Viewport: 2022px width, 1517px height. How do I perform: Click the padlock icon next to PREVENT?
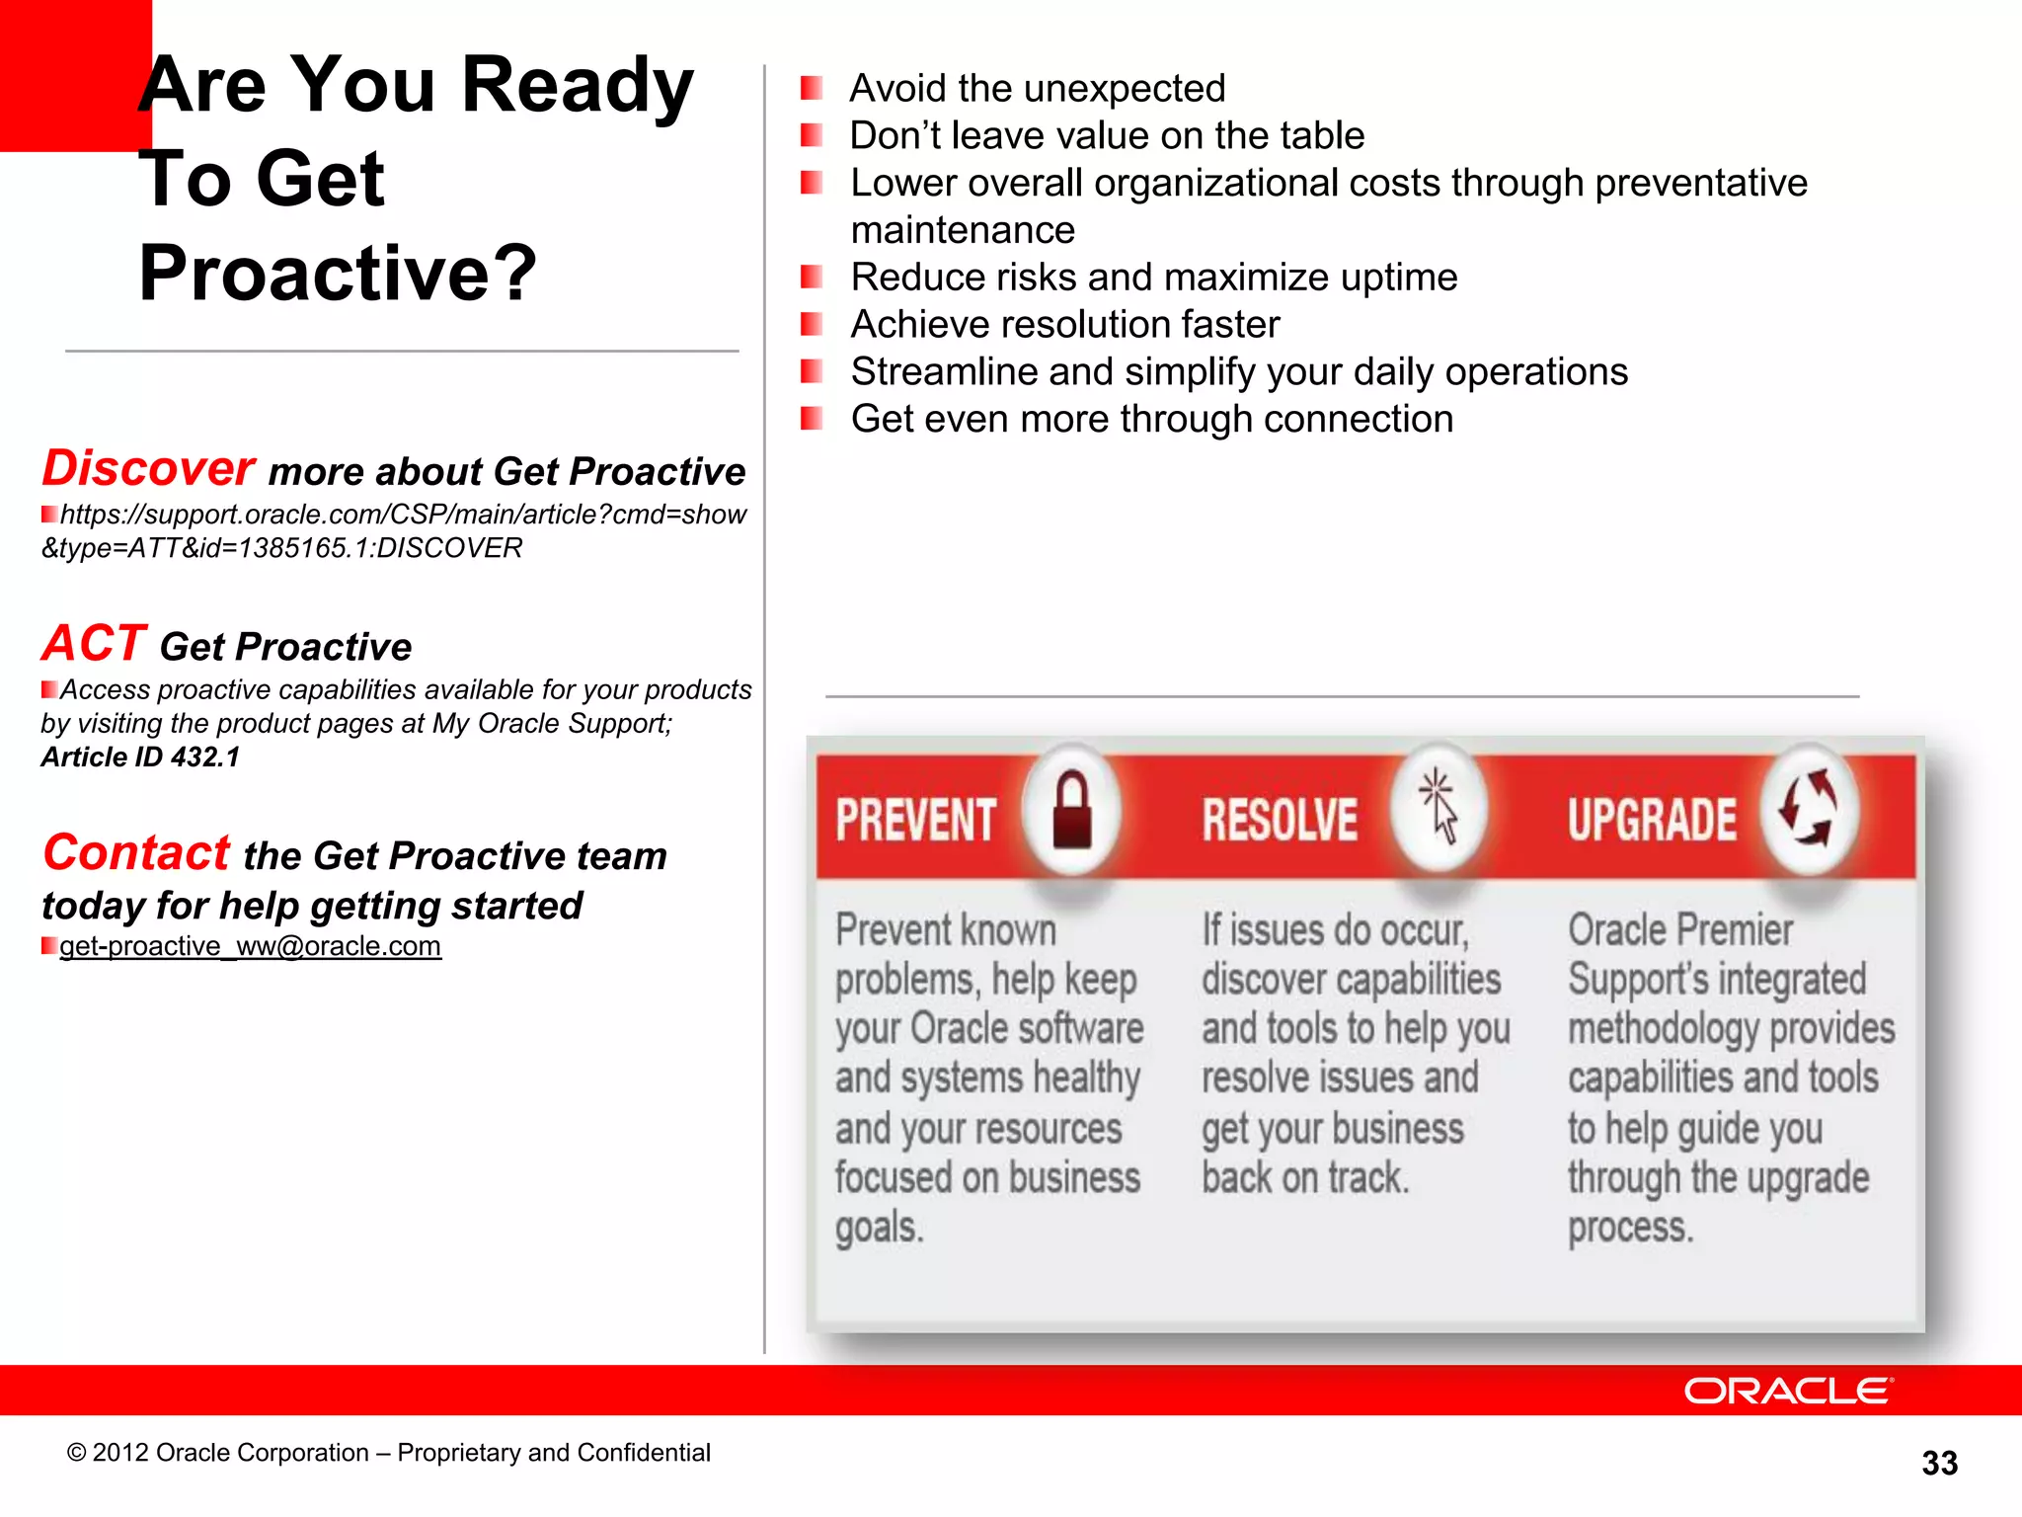tap(1072, 812)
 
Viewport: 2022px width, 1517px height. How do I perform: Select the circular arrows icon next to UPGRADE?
tap(1809, 808)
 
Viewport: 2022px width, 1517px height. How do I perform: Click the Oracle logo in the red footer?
tap(1788, 1391)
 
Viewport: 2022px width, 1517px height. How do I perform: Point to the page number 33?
tap(1939, 1463)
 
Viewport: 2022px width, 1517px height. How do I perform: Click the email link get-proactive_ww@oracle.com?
tap(250, 946)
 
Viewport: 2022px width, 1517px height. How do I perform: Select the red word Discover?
tap(148, 468)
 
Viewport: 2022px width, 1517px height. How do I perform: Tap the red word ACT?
tap(94, 643)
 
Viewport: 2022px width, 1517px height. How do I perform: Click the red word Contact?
tap(136, 852)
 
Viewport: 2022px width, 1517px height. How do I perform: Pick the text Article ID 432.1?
tap(140, 758)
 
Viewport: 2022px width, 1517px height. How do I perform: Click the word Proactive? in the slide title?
tap(338, 273)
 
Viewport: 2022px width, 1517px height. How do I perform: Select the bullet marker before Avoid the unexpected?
tap(812, 89)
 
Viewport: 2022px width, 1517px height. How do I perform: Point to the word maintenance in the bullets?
tap(963, 230)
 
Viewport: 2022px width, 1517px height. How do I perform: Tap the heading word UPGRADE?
tap(1652, 820)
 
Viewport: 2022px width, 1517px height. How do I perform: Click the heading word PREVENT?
tap(916, 820)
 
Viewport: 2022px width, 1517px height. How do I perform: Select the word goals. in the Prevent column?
tap(880, 1228)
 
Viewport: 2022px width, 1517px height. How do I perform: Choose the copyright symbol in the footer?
tap(76, 1453)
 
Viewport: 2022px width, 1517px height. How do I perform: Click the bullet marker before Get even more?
tap(812, 419)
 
